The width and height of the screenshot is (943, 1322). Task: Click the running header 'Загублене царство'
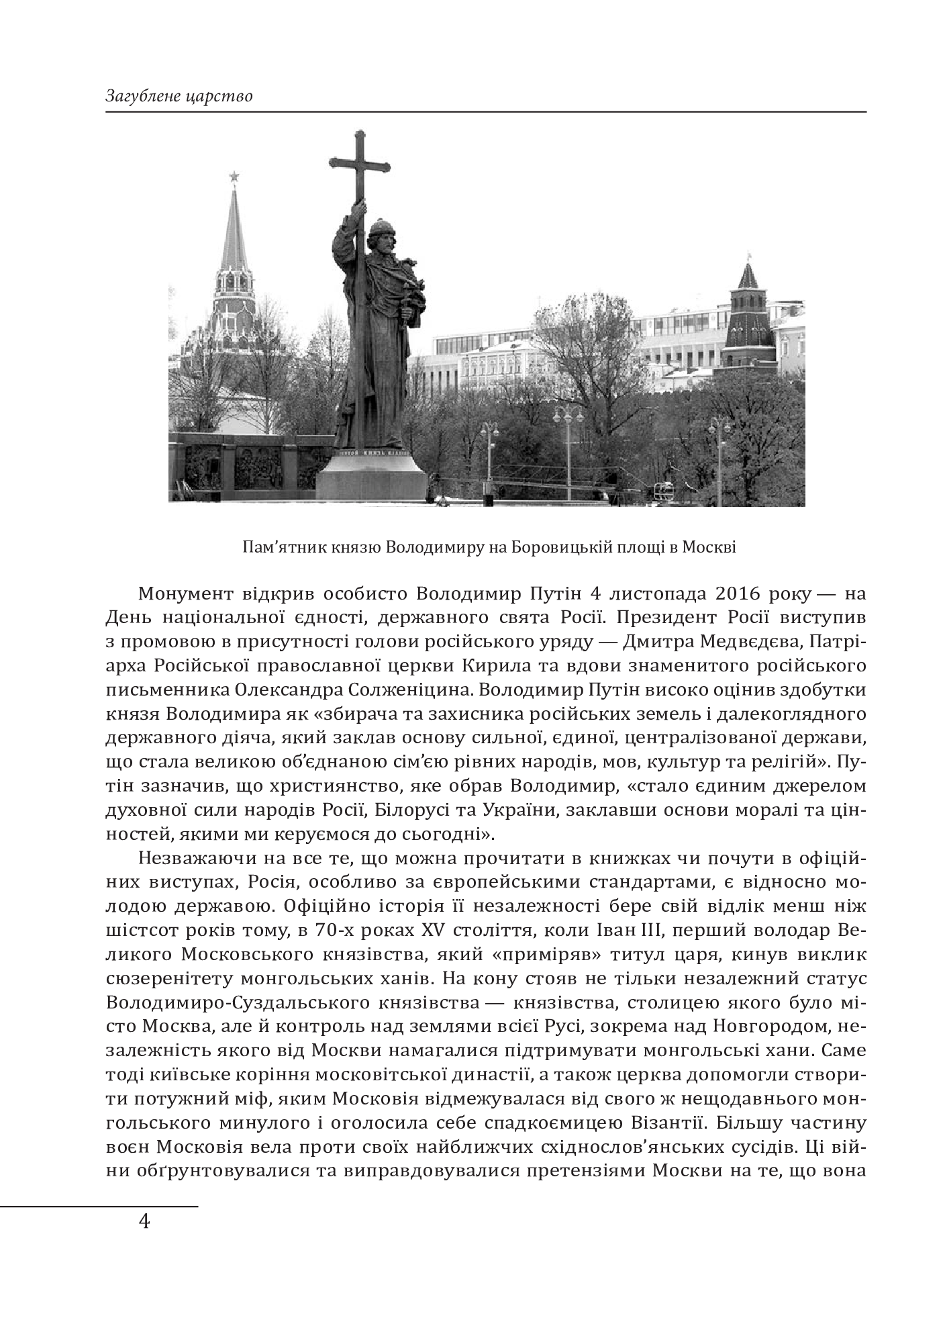pos(179,96)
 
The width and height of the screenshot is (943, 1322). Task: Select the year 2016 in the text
pos(728,594)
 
